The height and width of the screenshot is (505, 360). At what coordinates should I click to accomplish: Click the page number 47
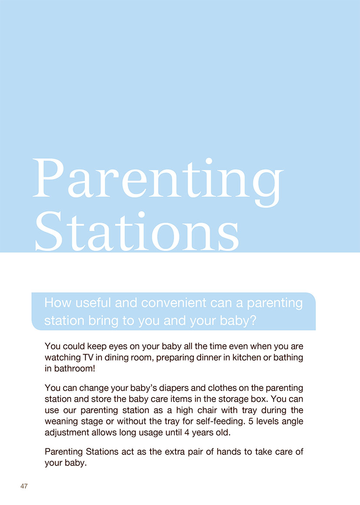[24, 486]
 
